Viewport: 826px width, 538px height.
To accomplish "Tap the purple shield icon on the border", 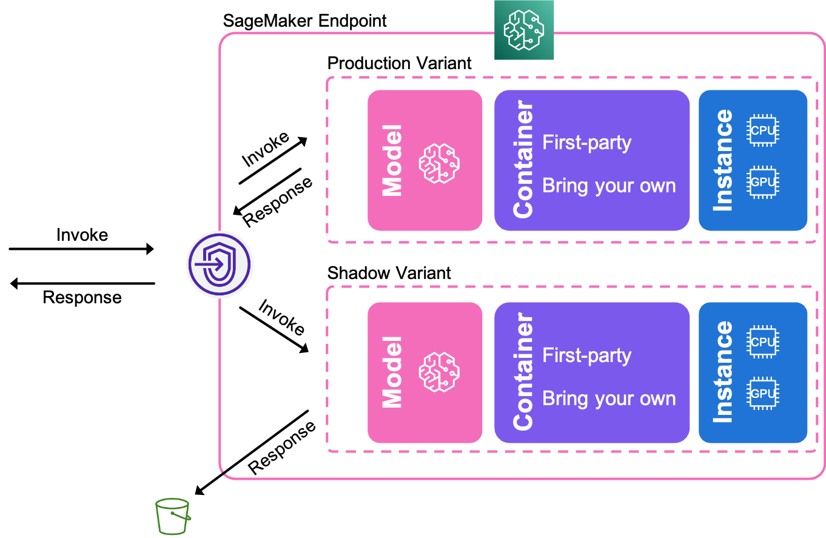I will point(220,264).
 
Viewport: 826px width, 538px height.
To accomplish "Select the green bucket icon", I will point(173,516).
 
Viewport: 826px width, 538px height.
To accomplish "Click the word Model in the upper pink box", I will point(392,161).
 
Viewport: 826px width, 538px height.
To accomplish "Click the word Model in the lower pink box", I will point(392,372).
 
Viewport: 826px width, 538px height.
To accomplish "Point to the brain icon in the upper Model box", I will point(439,163).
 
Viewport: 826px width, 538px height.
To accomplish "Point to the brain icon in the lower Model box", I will point(439,371).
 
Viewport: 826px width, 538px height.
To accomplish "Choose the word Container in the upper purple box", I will point(523,160).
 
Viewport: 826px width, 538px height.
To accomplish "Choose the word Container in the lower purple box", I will point(523,372).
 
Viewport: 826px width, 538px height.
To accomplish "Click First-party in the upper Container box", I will point(586,143).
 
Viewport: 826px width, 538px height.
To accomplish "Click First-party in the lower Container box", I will point(586,355).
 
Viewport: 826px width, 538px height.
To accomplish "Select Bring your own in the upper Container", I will point(609,186).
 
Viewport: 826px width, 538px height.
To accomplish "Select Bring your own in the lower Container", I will point(609,398).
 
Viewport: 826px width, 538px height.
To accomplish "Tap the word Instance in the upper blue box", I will point(723,160).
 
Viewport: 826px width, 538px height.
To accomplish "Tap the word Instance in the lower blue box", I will point(723,372).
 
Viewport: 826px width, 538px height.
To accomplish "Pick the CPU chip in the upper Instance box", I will point(763,130).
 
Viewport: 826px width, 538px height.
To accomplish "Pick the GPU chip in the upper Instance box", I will point(763,182).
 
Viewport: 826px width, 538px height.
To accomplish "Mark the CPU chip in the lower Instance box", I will point(763,342).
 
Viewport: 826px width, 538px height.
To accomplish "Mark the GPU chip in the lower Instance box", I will point(763,394).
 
